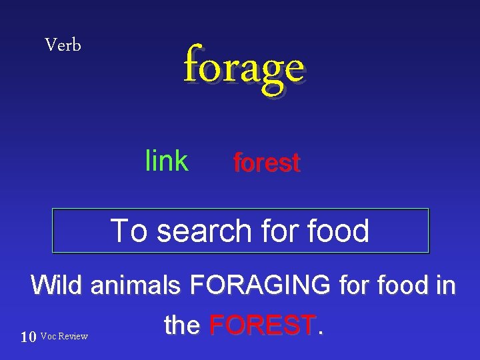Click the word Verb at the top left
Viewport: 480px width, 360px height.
tap(63, 45)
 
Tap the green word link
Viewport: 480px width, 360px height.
tap(167, 161)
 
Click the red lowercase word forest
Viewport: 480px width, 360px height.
tap(267, 163)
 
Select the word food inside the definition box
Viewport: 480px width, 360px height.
tap(339, 231)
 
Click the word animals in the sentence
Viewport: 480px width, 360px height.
tap(135, 286)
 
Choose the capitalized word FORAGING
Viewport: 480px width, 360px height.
tap(260, 285)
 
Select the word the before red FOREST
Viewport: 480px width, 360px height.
tap(182, 325)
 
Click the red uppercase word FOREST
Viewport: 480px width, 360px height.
tap(262, 325)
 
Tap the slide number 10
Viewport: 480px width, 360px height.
tap(28, 337)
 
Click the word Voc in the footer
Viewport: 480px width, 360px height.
tap(49, 337)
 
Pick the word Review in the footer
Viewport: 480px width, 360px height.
tap(73, 337)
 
